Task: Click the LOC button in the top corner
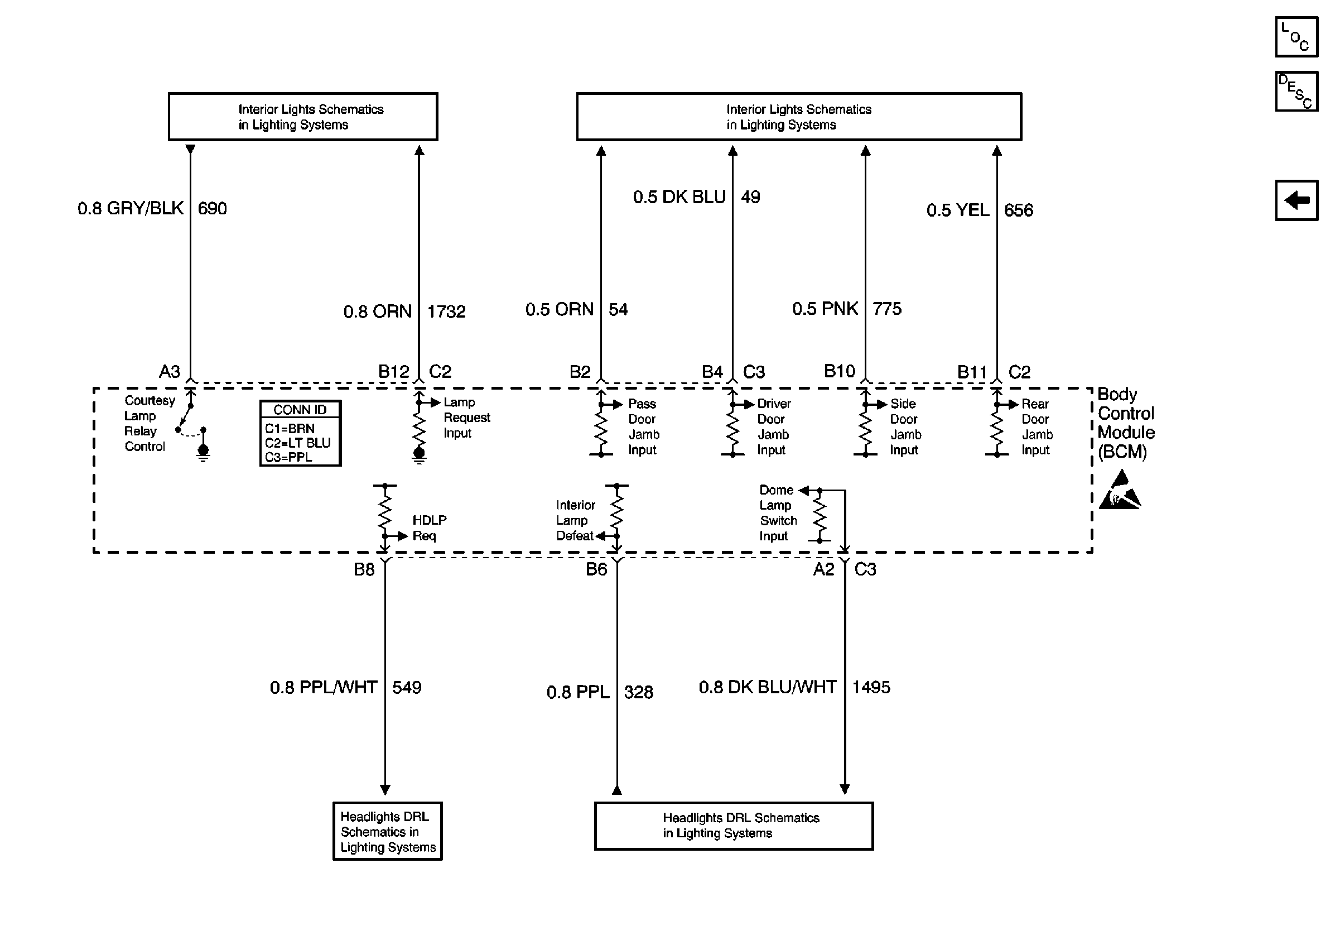click(x=1296, y=37)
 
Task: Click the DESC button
click(x=1296, y=91)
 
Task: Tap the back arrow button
click(x=1296, y=200)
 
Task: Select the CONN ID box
click(x=300, y=433)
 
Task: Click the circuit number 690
click(x=213, y=208)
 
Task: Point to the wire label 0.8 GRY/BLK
click(x=131, y=208)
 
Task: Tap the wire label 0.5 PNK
click(x=825, y=309)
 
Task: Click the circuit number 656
click(x=1019, y=210)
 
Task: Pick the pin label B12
click(x=394, y=372)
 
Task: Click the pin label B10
click(x=839, y=371)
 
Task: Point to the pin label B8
click(x=364, y=569)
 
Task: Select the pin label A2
click(x=823, y=569)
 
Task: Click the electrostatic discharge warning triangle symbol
click(x=1120, y=491)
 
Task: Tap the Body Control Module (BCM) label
click(x=1126, y=423)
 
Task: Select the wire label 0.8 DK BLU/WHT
click(x=768, y=687)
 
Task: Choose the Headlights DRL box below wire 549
click(x=388, y=831)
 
